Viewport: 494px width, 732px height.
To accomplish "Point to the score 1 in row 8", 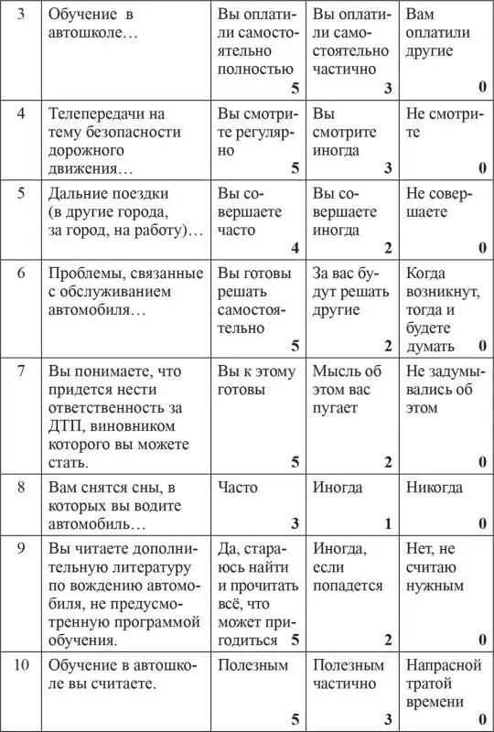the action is (388, 523).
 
